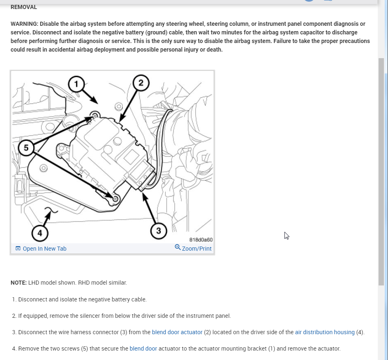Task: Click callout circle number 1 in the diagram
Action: click(x=76, y=84)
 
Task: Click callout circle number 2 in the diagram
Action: click(x=141, y=83)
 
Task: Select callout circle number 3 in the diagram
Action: click(x=158, y=231)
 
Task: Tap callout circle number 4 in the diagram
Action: click(x=40, y=233)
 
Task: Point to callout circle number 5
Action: click(x=27, y=148)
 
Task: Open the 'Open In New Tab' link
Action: click(x=44, y=249)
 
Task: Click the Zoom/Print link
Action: click(x=196, y=249)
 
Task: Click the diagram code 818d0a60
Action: click(x=201, y=240)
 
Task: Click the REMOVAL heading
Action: click(x=24, y=7)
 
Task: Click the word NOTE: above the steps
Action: click(x=18, y=283)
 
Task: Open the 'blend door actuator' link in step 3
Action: click(x=177, y=332)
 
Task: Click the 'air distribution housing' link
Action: click(x=325, y=332)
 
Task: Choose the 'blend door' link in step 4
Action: click(x=143, y=349)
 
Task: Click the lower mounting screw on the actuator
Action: click(x=115, y=199)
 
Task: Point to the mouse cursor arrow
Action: click(x=286, y=235)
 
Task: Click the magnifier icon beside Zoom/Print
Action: click(x=178, y=247)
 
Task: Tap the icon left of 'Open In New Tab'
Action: click(x=18, y=249)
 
